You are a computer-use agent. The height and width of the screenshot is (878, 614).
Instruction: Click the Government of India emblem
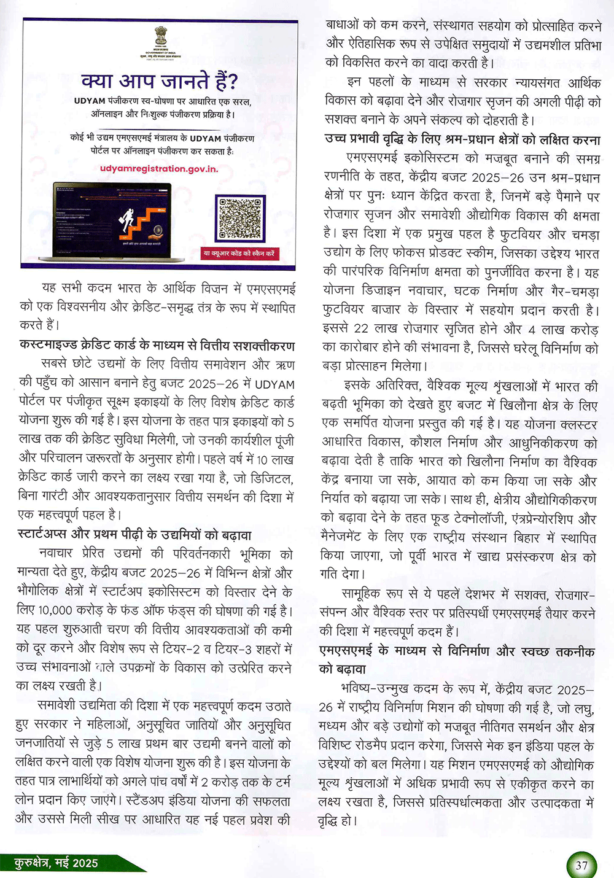tap(161, 36)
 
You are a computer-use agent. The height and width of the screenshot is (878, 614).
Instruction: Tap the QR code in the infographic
tap(241, 218)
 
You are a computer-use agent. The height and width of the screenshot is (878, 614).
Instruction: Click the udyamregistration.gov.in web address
tap(158, 168)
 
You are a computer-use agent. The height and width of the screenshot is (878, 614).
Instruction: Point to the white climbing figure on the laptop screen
tap(128, 220)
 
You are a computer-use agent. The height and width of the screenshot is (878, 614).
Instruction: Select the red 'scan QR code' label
tap(240, 253)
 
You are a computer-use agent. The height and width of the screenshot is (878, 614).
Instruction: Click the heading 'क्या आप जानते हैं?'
tap(159, 81)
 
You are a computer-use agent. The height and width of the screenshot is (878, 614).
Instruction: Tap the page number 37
tap(581, 866)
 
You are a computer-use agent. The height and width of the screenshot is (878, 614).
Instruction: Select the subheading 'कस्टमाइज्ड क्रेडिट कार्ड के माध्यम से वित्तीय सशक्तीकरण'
tap(157, 346)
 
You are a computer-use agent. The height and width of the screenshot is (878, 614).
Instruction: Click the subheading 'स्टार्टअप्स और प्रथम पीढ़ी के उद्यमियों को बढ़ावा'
tap(134, 535)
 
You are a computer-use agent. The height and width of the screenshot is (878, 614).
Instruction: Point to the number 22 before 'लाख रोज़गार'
tap(362, 329)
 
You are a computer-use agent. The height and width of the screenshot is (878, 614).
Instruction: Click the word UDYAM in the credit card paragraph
tap(274, 384)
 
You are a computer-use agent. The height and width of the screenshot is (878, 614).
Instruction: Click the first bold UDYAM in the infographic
tap(90, 101)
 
